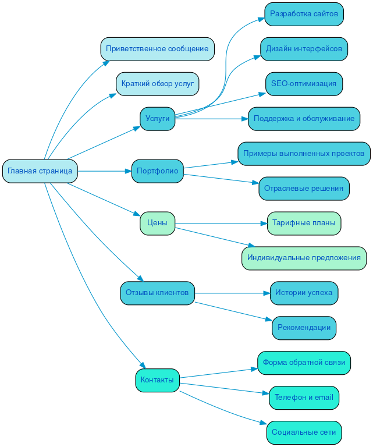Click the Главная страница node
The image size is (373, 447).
pos(40,171)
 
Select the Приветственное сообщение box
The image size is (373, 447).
pos(157,49)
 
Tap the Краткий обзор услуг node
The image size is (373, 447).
pos(158,84)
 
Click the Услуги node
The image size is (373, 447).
pos(157,119)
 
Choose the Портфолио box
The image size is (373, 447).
pos(157,171)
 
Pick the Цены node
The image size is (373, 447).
pos(157,223)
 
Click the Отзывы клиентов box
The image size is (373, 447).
pos(157,293)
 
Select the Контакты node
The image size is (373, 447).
pos(157,380)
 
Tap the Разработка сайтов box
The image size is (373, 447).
pos(304,14)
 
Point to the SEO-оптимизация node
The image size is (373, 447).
pos(304,84)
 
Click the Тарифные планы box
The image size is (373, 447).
pos(304,223)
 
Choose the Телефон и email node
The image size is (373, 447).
pos(304,398)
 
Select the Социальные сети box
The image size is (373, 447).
pos(304,432)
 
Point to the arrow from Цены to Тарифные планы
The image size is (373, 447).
pos(221,223)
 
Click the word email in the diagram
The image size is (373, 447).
pos(324,398)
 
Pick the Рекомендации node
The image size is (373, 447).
pos(304,328)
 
